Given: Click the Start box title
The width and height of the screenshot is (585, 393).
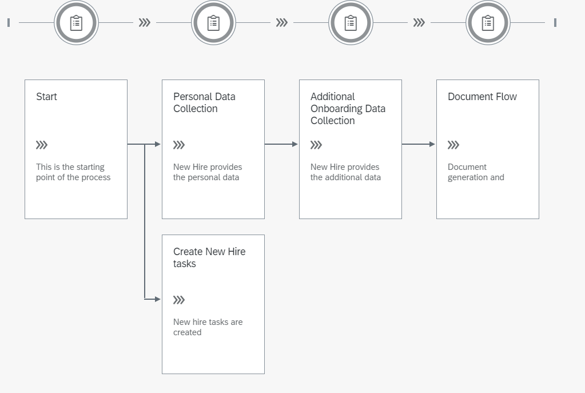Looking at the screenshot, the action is coord(46,97).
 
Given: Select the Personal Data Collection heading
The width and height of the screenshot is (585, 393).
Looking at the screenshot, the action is coord(204,102).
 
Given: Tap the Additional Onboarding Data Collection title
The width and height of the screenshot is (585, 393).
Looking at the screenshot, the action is coord(348,109).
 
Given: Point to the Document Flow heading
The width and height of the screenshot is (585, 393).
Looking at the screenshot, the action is coord(482,97).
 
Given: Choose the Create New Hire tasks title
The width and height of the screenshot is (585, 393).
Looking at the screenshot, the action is coord(209,257).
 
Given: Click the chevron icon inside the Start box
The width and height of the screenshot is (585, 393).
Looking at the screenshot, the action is coord(42,145).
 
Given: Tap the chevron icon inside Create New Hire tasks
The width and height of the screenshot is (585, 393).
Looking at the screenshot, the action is coord(179,300).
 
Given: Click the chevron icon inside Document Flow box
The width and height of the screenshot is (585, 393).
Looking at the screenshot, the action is coord(453,145).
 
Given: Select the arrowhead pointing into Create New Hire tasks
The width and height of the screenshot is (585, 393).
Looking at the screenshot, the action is coord(157,299).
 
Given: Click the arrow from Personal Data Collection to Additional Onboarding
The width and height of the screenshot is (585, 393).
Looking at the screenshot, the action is coord(281,144).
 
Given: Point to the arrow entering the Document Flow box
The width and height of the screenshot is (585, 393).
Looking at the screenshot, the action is coord(419,144).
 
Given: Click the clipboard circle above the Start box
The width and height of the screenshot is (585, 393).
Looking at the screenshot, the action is coord(76,23).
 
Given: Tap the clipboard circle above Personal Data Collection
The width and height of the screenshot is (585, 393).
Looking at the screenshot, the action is coord(213,23).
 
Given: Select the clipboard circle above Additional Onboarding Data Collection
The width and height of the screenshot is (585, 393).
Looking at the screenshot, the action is coord(351,23).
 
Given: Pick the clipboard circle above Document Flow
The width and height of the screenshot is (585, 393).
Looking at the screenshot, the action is coord(488,23).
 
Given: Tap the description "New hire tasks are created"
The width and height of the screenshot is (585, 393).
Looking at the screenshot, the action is coord(208,327).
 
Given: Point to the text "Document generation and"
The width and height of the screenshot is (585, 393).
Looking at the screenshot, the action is coord(476,172).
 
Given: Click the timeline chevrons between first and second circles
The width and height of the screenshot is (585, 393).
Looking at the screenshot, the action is coord(145,23).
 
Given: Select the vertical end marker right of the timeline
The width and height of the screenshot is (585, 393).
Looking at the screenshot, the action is coord(555,23).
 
